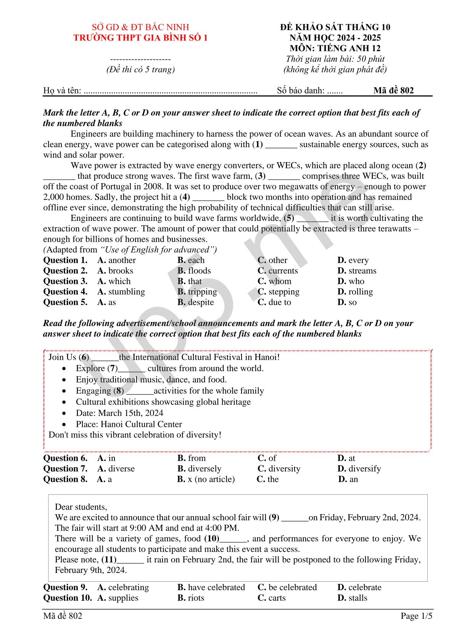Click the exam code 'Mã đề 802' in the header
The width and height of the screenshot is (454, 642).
click(393, 90)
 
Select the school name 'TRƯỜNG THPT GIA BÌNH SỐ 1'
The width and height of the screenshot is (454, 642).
click(140, 38)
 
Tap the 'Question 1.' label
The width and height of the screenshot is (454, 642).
click(65, 260)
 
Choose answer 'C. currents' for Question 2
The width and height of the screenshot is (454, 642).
click(277, 271)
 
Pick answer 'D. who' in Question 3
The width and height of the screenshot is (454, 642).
click(351, 281)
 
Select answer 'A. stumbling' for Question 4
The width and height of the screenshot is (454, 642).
click(121, 292)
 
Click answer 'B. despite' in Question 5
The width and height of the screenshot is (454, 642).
click(195, 302)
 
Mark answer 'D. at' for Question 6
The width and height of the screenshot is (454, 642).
click(346, 458)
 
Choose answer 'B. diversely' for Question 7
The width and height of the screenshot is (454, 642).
click(199, 469)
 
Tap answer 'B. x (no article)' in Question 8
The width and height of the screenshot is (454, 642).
click(206, 479)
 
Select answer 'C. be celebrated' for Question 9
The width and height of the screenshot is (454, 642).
click(287, 587)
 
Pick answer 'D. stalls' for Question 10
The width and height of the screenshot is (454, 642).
click(352, 598)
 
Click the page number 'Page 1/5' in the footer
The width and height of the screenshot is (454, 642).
click(416, 616)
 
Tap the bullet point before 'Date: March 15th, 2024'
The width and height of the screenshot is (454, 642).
click(64, 413)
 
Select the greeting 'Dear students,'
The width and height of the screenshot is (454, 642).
click(81, 507)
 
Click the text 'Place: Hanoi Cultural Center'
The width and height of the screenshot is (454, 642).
click(129, 424)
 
